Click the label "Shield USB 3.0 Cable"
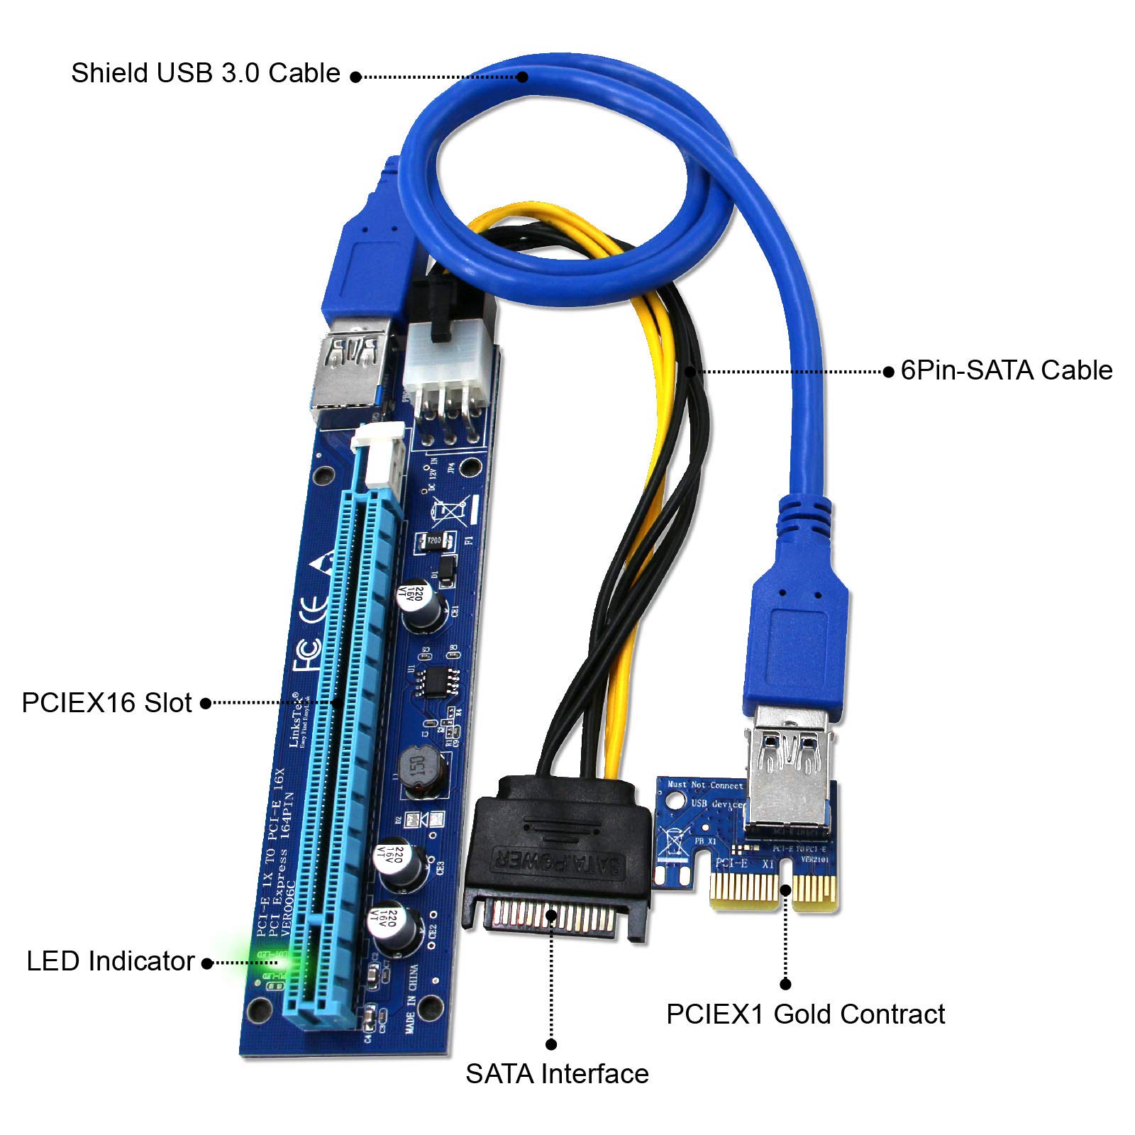point(205,73)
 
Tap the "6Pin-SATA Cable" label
point(1006,370)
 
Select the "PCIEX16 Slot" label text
point(106,702)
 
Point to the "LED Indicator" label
point(110,961)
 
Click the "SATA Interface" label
point(557,1073)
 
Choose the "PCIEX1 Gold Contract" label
point(805,1014)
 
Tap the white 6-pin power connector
point(447,355)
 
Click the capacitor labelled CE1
point(424,607)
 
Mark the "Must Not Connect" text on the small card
point(705,785)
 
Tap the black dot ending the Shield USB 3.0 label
point(355,77)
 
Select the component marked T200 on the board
point(432,541)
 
